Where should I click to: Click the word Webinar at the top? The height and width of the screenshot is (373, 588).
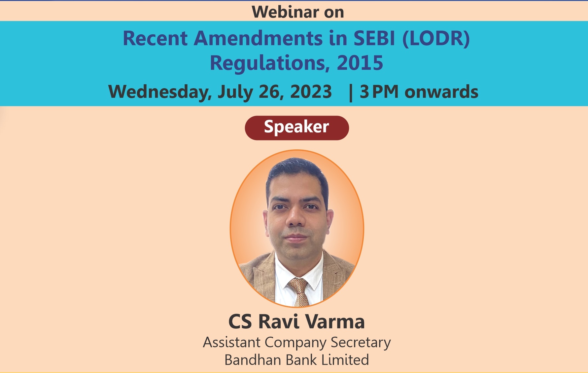tap(285, 12)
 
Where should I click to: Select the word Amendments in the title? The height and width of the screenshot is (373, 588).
tap(258, 38)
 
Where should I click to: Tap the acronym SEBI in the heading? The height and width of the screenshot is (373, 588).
tap(374, 38)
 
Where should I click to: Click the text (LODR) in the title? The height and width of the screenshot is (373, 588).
tap(436, 39)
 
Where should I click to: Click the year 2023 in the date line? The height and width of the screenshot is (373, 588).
tap(311, 92)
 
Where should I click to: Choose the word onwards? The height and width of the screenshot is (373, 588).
tap(441, 92)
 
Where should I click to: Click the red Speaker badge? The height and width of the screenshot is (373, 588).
tap(297, 128)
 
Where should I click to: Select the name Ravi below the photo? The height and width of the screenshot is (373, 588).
tap(279, 321)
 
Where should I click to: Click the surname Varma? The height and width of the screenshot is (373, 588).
tap(335, 321)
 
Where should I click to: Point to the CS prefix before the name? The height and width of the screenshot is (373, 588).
tap(240, 321)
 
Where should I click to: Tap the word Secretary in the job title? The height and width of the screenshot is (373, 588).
tap(361, 343)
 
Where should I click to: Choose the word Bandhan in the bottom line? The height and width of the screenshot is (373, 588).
tap(253, 360)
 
